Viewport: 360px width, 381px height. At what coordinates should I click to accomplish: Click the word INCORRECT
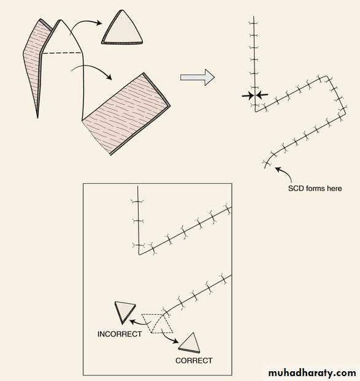coord(120,334)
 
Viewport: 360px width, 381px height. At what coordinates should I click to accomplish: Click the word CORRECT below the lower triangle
coord(194,361)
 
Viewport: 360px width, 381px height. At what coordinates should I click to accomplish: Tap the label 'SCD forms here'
coord(315,188)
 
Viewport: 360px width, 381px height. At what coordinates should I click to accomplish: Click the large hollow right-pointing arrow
coord(197,78)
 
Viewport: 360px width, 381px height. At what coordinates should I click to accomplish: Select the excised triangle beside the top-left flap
coord(123,29)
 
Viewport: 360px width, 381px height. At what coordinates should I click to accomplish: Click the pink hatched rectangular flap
coord(126,113)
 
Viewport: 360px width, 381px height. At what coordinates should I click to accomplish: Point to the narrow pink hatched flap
coord(36,66)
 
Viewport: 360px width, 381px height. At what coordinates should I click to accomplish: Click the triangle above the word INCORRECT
coord(124,312)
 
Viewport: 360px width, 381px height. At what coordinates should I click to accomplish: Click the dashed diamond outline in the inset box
coord(157,323)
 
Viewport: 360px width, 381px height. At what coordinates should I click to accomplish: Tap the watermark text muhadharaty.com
coord(312,373)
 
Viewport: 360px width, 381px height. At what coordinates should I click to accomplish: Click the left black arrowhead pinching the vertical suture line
coord(248,96)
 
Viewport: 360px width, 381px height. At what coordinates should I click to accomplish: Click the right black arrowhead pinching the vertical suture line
coord(262,95)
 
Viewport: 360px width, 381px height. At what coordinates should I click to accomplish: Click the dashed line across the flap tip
coord(62,53)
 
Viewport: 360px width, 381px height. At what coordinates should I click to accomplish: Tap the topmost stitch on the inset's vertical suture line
coord(137,201)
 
